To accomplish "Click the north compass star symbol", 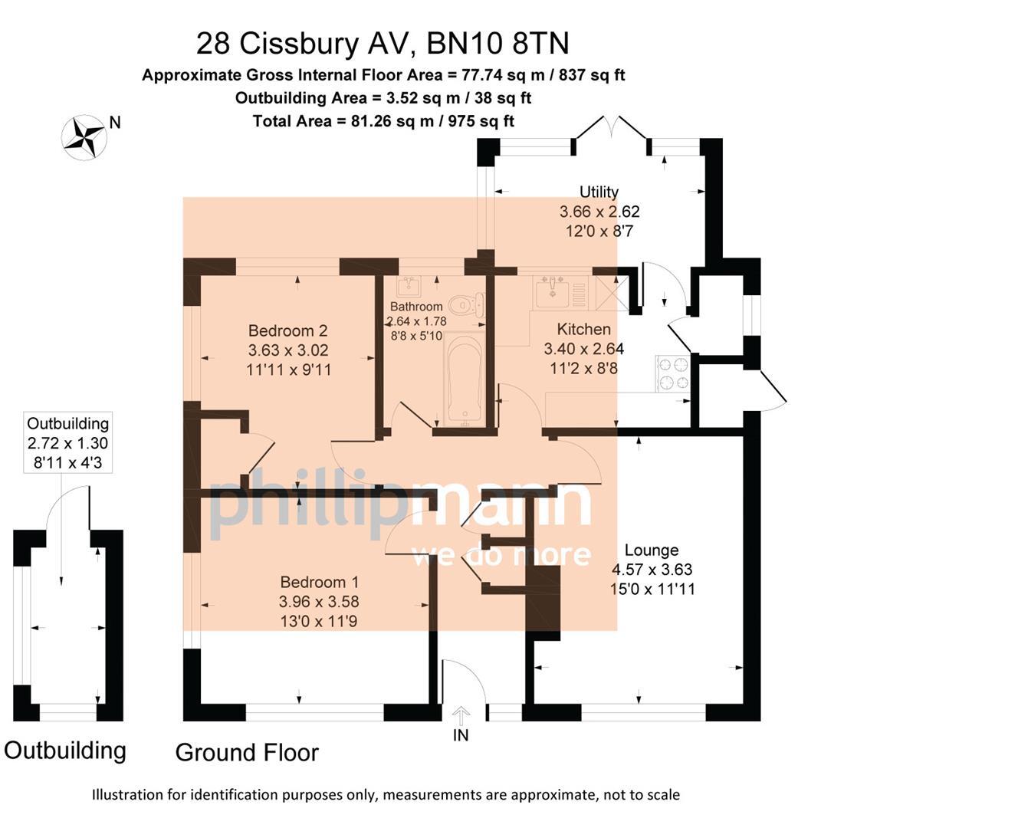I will coord(84,137).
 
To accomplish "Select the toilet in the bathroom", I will coord(466,305).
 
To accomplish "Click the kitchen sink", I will coord(552,292).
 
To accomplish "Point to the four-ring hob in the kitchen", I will coord(672,373).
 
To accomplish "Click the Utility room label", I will coord(599,192).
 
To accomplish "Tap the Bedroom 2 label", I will coord(287,330).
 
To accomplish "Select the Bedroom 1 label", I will coord(319,582).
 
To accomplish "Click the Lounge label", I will coord(652,550).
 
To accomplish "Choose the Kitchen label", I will coord(583,329).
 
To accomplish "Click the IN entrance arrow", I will coord(461,718).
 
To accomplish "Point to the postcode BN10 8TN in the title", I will coord(498,44).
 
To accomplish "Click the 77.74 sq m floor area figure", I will coord(498,75).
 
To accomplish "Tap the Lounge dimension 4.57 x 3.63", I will coord(652,570).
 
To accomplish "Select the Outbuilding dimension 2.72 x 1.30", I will coord(67,443).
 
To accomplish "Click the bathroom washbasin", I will coord(407,287).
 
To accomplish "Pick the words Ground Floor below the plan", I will coord(247,752).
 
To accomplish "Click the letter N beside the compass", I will coord(115,122).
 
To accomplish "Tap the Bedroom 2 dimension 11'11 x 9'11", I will coord(288,370).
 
